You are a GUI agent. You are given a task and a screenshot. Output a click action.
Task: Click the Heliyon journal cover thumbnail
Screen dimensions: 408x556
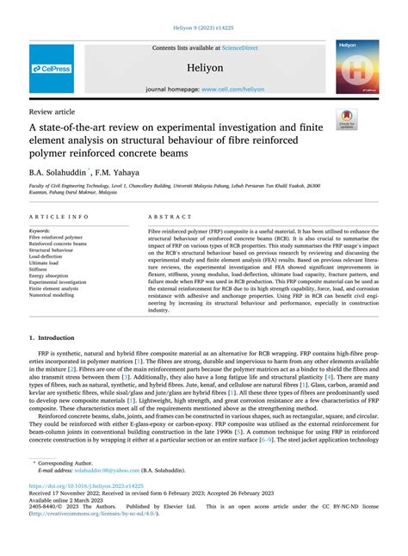click(357, 66)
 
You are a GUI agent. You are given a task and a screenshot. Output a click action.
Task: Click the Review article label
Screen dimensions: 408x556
click(52, 111)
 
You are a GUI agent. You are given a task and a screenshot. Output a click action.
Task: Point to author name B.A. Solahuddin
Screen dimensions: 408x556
click(64, 172)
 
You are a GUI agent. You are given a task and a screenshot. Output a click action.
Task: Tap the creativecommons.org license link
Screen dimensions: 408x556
click(90, 528)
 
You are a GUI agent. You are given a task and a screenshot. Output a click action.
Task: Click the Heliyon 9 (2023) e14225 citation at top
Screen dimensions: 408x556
click(203, 28)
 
